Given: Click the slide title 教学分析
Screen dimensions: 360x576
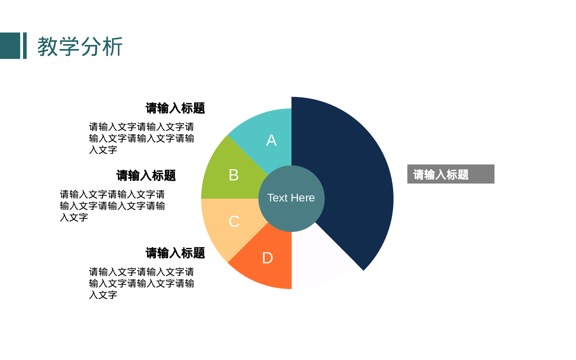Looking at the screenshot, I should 80,46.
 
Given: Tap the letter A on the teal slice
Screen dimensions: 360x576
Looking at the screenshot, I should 271,140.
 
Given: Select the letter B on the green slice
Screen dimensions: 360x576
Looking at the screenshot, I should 233,175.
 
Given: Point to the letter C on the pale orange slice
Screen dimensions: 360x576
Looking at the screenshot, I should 234,221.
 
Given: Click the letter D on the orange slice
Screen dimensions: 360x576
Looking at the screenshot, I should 267,258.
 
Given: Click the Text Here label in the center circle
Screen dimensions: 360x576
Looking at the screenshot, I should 291,198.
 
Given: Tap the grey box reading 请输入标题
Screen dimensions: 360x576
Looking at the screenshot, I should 450,174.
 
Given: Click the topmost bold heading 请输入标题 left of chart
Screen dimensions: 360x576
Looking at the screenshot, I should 175,108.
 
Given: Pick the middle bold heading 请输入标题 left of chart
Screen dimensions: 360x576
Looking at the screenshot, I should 146,176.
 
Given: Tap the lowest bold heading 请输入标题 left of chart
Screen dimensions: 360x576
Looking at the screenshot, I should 175,253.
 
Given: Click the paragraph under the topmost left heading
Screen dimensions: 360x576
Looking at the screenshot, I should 141,138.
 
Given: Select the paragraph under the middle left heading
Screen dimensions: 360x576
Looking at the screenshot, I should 112,206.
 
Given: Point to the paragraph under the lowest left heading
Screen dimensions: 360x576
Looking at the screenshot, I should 141,283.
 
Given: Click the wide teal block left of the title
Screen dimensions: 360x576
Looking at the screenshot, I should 10,46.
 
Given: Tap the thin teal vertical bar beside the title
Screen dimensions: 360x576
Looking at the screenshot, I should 25,46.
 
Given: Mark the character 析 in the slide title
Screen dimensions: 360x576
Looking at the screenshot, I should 113,47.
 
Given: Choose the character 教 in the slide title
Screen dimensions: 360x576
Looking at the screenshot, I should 47,47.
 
